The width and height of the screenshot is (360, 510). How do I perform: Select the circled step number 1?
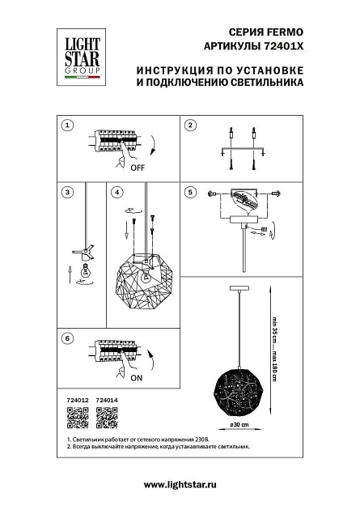[x=68, y=125]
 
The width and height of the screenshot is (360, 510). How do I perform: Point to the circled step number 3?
[x=68, y=192]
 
